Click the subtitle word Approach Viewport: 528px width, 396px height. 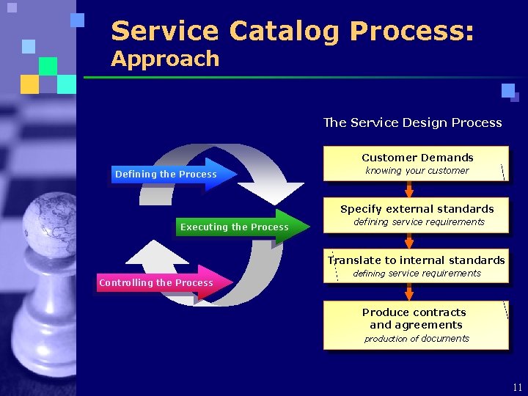(165, 59)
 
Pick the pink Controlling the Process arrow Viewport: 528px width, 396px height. (162, 283)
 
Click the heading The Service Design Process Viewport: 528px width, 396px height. (412, 122)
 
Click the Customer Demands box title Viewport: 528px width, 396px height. (417, 158)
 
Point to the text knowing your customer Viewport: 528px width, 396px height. (417, 171)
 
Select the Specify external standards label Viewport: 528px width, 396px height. (417, 209)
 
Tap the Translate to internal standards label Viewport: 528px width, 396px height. (417, 260)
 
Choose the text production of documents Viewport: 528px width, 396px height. (417, 339)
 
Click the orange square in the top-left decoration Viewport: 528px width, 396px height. (29, 84)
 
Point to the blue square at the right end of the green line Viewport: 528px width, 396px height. (508, 91)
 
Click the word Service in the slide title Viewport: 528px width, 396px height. (164, 32)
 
